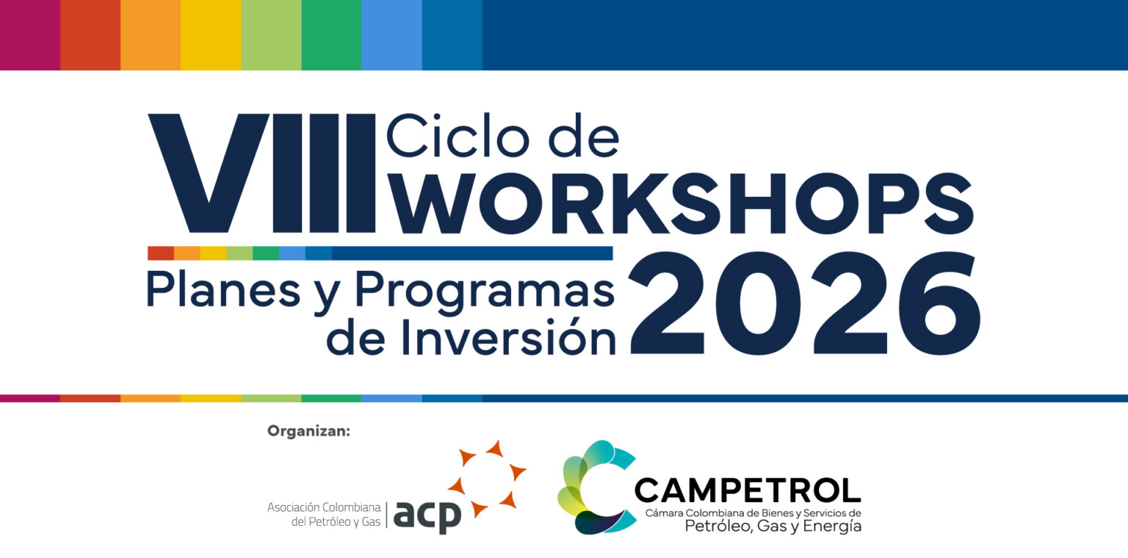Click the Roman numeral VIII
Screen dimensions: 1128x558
point(262,173)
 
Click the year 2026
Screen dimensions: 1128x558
point(804,303)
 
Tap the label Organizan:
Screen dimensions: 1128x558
point(308,431)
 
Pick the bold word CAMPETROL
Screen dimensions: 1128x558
point(748,490)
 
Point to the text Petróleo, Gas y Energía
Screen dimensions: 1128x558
point(773,526)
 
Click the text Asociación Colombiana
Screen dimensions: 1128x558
point(324,507)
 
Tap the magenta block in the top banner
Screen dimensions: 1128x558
point(30,35)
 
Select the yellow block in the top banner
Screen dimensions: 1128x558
point(211,35)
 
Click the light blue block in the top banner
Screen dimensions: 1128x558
point(391,35)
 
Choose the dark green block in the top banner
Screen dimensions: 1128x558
point(331,35)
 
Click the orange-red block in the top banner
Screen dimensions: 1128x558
point(90,35)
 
